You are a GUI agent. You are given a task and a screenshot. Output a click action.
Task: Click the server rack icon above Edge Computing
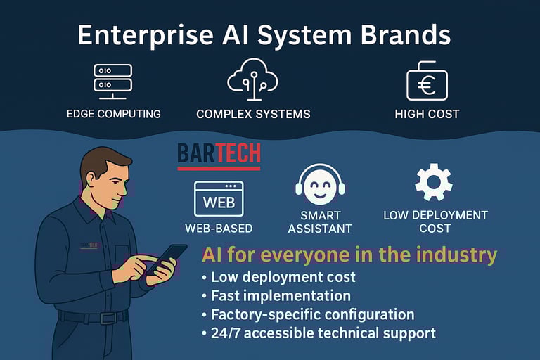click(113, 78)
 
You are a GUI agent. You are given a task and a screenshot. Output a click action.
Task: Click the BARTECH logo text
click(219, 153)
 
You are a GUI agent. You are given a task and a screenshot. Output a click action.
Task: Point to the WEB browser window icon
click(219, 199)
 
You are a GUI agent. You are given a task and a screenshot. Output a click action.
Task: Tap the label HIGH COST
click(427, 114)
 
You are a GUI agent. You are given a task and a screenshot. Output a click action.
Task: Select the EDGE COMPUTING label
click(113, 114)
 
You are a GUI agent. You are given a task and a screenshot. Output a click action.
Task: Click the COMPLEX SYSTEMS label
click(253, 114)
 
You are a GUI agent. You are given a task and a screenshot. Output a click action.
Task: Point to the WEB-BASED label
click(219, 228)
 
